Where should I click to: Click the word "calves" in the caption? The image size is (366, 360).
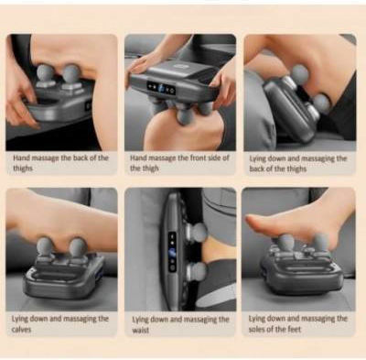click(x=21, y=330)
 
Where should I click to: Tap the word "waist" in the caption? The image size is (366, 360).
click(x=141, y=331)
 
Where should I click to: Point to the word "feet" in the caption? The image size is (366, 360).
click(x=295, y=330)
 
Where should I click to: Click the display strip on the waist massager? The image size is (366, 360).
click(x=173, y=252)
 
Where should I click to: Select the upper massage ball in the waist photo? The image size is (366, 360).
click(x=199, y=232)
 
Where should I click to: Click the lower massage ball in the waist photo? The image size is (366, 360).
click(x=198, y=272)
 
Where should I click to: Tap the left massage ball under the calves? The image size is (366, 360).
click(x=45, y=246)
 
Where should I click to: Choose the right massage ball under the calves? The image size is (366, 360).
click(x=78, y=246)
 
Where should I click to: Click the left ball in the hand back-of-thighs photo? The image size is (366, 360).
click(x=45, y=72)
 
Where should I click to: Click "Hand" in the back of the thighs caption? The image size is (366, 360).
click(x=22, y=158)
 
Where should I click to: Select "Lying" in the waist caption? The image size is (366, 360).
click(x=140, y=320)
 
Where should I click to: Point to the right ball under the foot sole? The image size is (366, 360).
click(x=320, y=242)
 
